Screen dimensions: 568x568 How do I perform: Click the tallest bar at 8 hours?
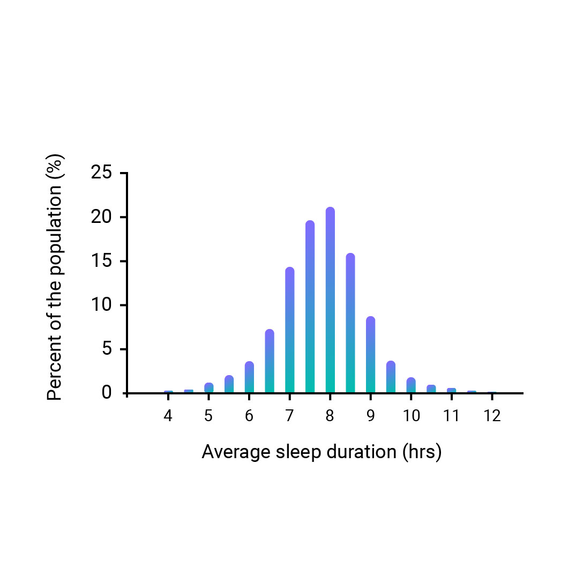[x=330, y=300]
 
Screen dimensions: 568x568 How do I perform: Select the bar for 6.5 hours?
[x=270, y=361]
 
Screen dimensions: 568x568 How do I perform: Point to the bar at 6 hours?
[x=249, y=377]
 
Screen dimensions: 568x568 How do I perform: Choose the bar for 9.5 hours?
[x=391, y=377]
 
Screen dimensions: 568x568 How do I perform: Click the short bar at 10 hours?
[x=411, y=385]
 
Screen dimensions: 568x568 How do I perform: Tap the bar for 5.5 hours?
[x=229, y=384]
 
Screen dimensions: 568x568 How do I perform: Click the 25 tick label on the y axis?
[x=101, y=173]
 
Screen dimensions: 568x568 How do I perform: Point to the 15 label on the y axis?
[x=101, y=261]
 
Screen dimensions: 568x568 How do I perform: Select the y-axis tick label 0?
[x=107, y=393]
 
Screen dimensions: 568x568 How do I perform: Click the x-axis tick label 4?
[x=168, y=416]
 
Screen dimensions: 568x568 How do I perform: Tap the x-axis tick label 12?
[x=492, y=416]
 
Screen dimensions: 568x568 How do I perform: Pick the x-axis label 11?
[x=451, y=416]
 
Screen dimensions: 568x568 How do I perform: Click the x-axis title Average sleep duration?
[x=322, y=452]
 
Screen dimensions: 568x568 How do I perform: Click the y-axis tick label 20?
[x=101, y=218]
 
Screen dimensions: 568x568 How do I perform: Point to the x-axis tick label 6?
[x=249, y=416]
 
